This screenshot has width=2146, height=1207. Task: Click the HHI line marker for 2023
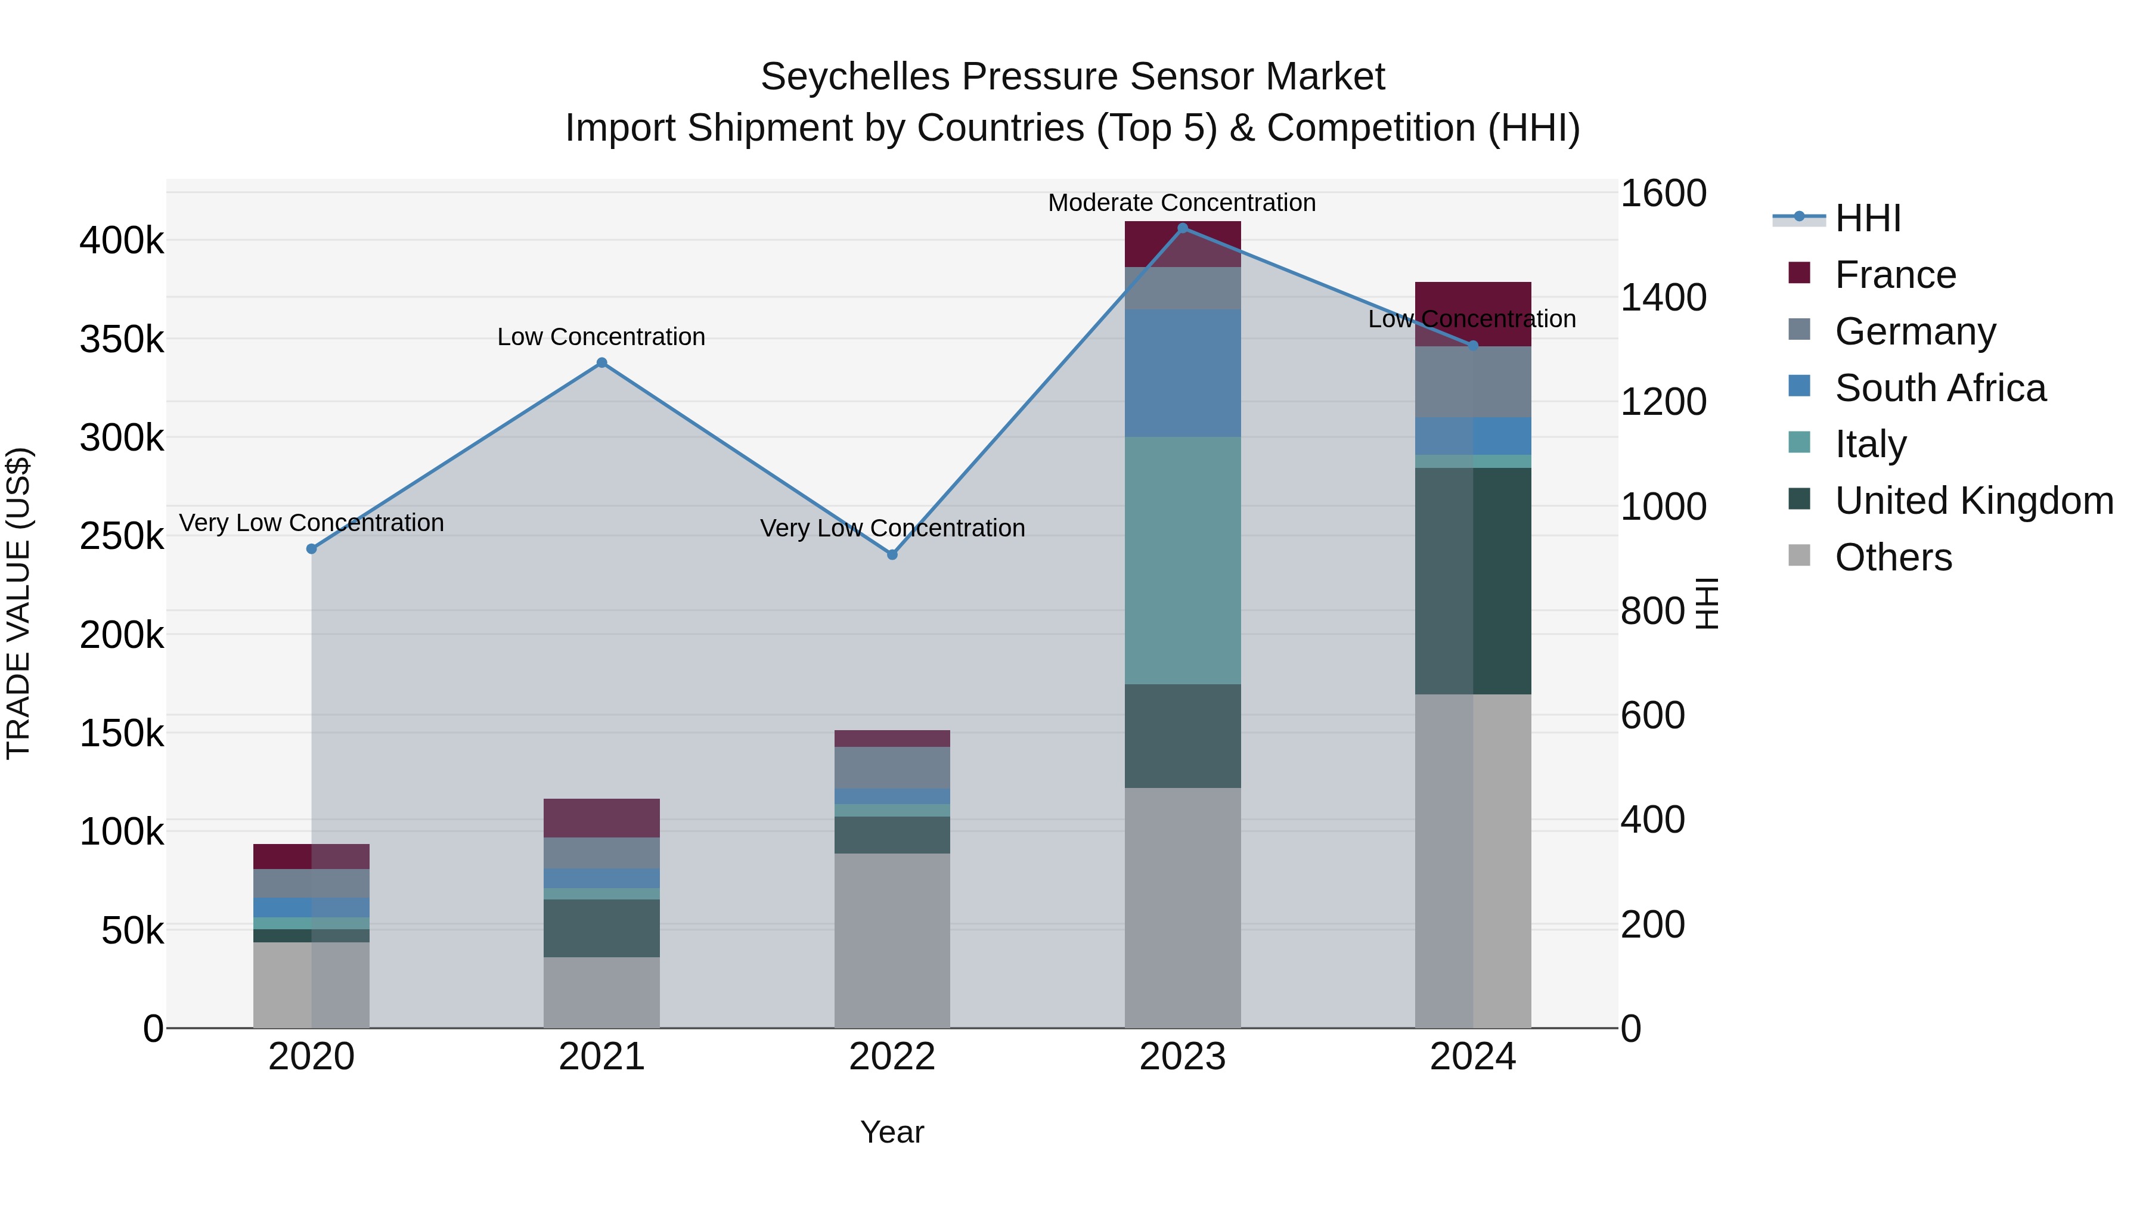(1182, 228)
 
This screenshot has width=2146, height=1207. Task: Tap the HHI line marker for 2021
(601, 363)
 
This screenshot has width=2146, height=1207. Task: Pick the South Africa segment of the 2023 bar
(1182, 373)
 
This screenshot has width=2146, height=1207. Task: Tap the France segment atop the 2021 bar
(601, 818)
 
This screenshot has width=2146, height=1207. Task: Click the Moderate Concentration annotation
(1181, 203)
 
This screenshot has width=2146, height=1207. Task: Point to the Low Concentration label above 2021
(601, 337)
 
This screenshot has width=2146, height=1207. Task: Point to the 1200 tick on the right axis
(1663, 402)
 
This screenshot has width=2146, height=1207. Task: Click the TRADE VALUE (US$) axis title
(19, 603)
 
